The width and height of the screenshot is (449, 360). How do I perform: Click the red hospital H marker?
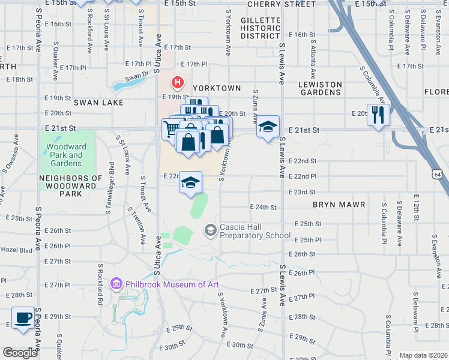178,82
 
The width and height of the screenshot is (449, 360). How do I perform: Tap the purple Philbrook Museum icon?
116,283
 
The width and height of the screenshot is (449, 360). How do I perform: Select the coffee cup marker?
23,318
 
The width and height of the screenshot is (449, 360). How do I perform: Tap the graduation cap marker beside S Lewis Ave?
268,127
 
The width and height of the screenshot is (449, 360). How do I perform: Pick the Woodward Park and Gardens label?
66,155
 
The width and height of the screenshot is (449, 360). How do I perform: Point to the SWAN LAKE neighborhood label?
98,103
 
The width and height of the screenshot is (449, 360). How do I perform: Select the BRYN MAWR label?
339,205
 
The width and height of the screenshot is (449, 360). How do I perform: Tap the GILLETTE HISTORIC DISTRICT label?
261,28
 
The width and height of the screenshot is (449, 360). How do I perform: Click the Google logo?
20,353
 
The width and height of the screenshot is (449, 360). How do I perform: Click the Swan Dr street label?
137,77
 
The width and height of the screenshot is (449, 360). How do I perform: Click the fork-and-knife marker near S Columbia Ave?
378,115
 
